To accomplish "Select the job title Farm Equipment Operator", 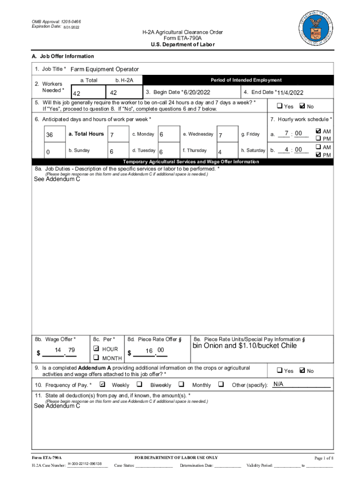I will click(x=105, y=69).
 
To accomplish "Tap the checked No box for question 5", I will click(x=302, y=106).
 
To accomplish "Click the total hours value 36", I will click(x=50, y=135).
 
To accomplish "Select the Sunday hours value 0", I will click(x=48, y=152).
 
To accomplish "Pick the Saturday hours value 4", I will click(x=220, y=152).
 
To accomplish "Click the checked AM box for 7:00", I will click(x=318, y=131).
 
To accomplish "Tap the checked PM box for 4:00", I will click(x=318, y=154).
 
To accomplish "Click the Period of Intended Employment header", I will click(x=246, y=80).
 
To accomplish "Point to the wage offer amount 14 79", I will click(x=65, y=350).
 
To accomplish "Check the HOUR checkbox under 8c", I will click(x=96, y=348).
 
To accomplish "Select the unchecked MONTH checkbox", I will click(x=96, y=358).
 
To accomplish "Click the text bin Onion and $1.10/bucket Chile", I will click(x=245, y=346).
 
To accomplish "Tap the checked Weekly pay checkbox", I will click(x=102, y=385).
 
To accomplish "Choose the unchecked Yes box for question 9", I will click(x=279, y=370).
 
